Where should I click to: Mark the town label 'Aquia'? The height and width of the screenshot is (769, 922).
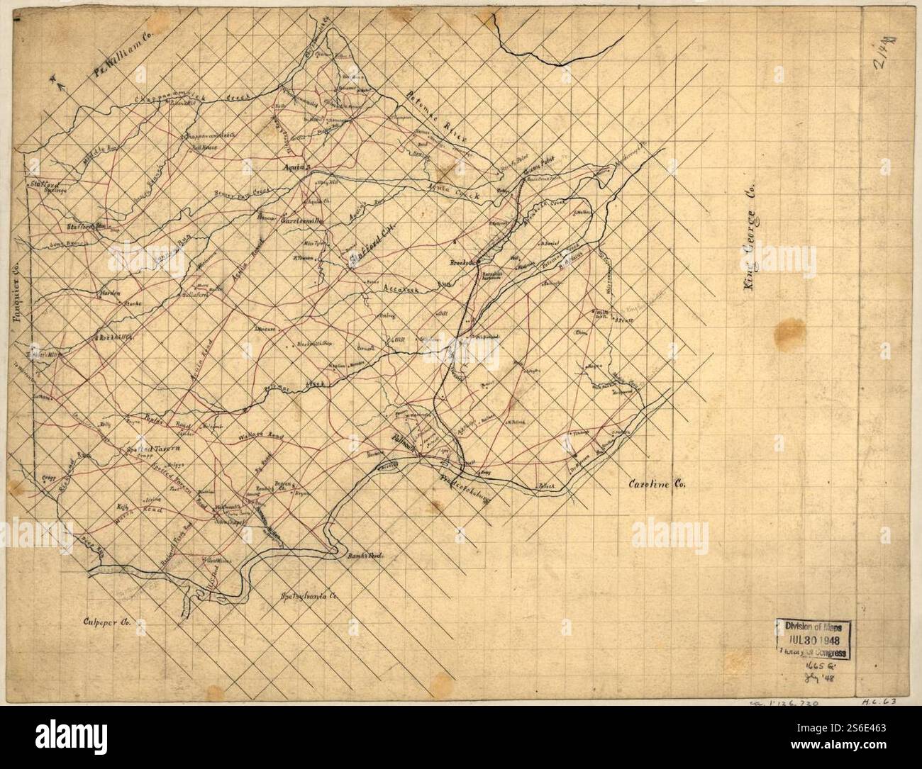(x=293, y=169)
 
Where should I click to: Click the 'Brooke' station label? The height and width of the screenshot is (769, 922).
(x=462, y=263)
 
